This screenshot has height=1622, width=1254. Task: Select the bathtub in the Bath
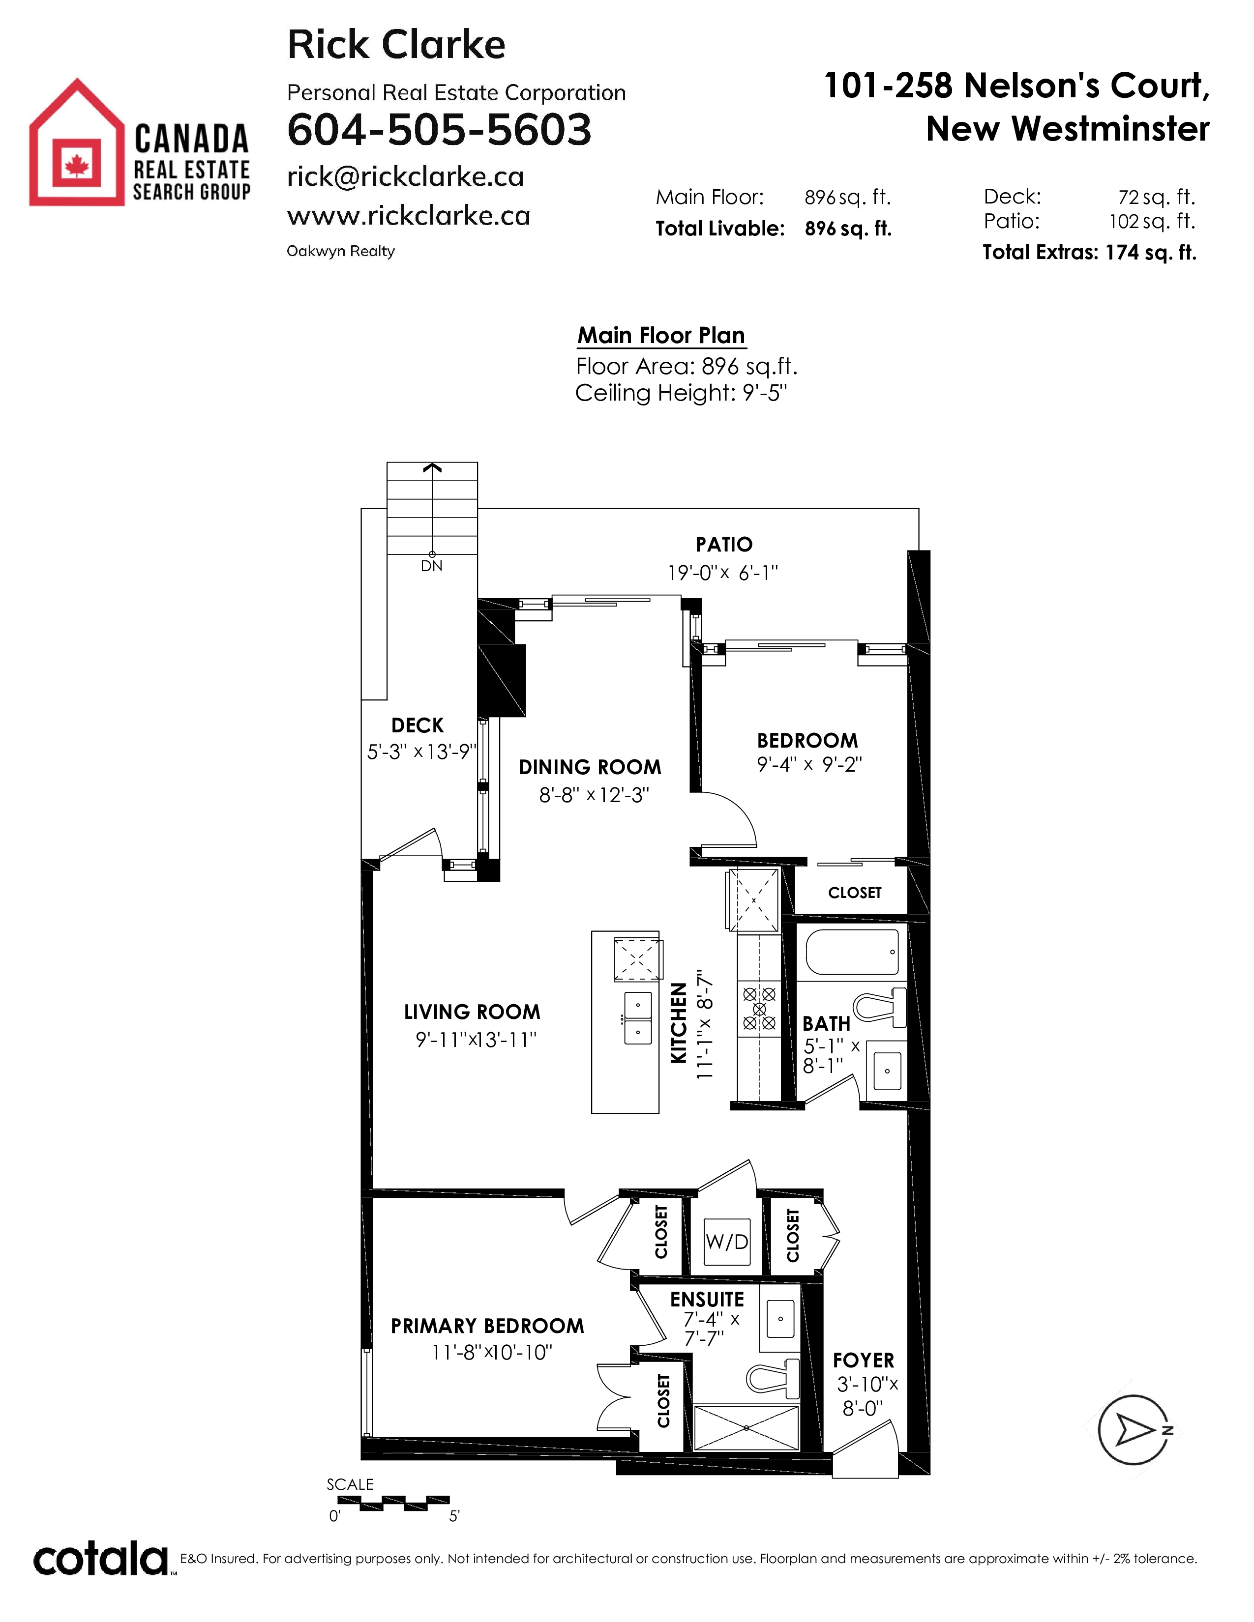click(855, 952)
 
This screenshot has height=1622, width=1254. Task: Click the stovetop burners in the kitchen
click(759, 1009)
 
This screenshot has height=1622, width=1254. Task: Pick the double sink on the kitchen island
click(637, 1017)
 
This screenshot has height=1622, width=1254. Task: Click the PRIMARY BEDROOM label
click(487, 1326)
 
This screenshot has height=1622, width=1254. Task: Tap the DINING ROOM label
click(590, 767)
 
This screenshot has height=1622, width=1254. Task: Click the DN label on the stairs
click(432, 566)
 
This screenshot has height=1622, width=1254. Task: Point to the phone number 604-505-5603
click(439, 129)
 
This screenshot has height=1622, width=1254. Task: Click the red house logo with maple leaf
click(77, 142)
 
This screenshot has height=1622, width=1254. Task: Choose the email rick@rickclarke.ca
click(406, 177)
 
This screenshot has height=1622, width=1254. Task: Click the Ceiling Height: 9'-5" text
click(681, 393)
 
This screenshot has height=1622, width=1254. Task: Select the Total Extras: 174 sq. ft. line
click(1089, 253)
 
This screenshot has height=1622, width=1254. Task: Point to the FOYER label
click(863, 1361)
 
